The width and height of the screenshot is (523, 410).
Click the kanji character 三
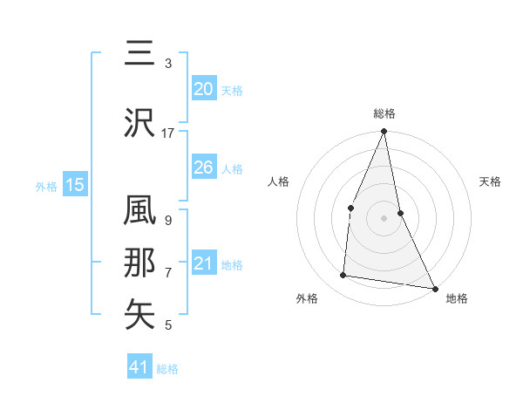click(140, 55)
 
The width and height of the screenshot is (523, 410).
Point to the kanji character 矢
click(140, 314)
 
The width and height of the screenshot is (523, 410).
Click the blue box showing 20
click(203, 89)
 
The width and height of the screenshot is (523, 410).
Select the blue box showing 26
click(203, 167)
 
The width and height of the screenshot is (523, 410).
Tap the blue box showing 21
click(203, 263)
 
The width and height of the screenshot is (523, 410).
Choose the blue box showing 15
click(75, 185)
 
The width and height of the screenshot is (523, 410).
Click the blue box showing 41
click(139, 367)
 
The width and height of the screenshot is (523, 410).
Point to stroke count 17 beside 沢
click(167, 133)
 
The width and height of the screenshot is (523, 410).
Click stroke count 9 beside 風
click(167, 220)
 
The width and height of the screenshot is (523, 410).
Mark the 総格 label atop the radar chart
click(384, 113)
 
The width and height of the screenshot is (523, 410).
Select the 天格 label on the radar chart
click(491, 181)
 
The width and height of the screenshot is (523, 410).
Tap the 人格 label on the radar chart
click(278, 181)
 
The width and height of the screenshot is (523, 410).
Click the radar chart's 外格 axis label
click(307, 298)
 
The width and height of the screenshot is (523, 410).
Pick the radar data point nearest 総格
click(384, 132)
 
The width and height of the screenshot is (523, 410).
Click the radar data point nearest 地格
click(435, 287)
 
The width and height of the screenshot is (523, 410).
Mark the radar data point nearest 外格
click(343, 276)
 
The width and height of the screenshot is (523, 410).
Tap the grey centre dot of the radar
click(384, 217)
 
